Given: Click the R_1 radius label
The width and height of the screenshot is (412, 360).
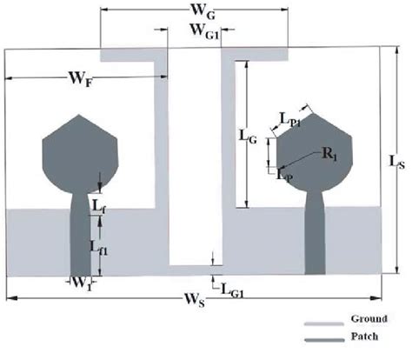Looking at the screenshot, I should [x=329, y=154].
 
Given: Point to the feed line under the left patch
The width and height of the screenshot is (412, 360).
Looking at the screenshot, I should [x=81, y=235].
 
